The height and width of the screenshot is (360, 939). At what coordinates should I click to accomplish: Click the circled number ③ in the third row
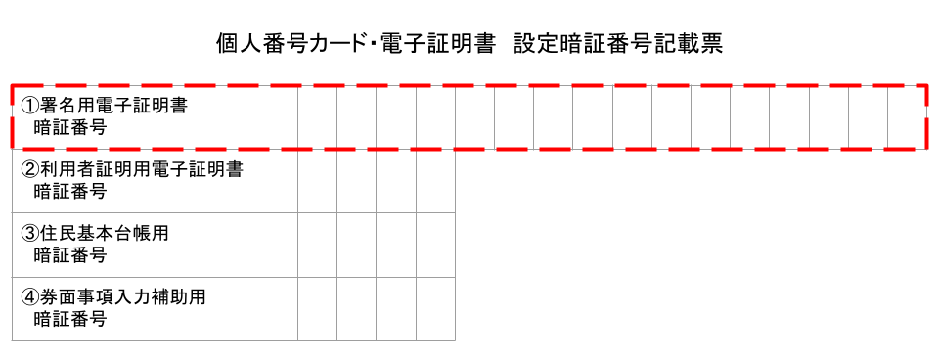point(29,234)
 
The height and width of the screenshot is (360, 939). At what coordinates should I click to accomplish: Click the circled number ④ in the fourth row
point(29,297)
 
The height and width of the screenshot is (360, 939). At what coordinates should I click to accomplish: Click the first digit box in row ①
point(318,117)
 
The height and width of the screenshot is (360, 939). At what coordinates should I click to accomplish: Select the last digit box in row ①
point(907,117)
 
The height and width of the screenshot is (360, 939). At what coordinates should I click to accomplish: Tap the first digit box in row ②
point(318,181)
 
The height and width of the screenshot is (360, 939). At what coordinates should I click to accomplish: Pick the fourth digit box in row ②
point(435,181)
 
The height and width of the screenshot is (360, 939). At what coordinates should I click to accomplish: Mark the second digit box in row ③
point(357,245)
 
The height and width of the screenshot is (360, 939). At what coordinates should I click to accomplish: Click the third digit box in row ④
point(396,308)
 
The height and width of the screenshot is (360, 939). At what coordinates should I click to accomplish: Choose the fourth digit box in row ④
point(435,308)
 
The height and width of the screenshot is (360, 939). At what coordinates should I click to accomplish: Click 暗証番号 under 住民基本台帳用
point(69,255)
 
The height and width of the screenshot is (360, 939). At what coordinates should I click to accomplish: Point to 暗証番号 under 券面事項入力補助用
point(69,319)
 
